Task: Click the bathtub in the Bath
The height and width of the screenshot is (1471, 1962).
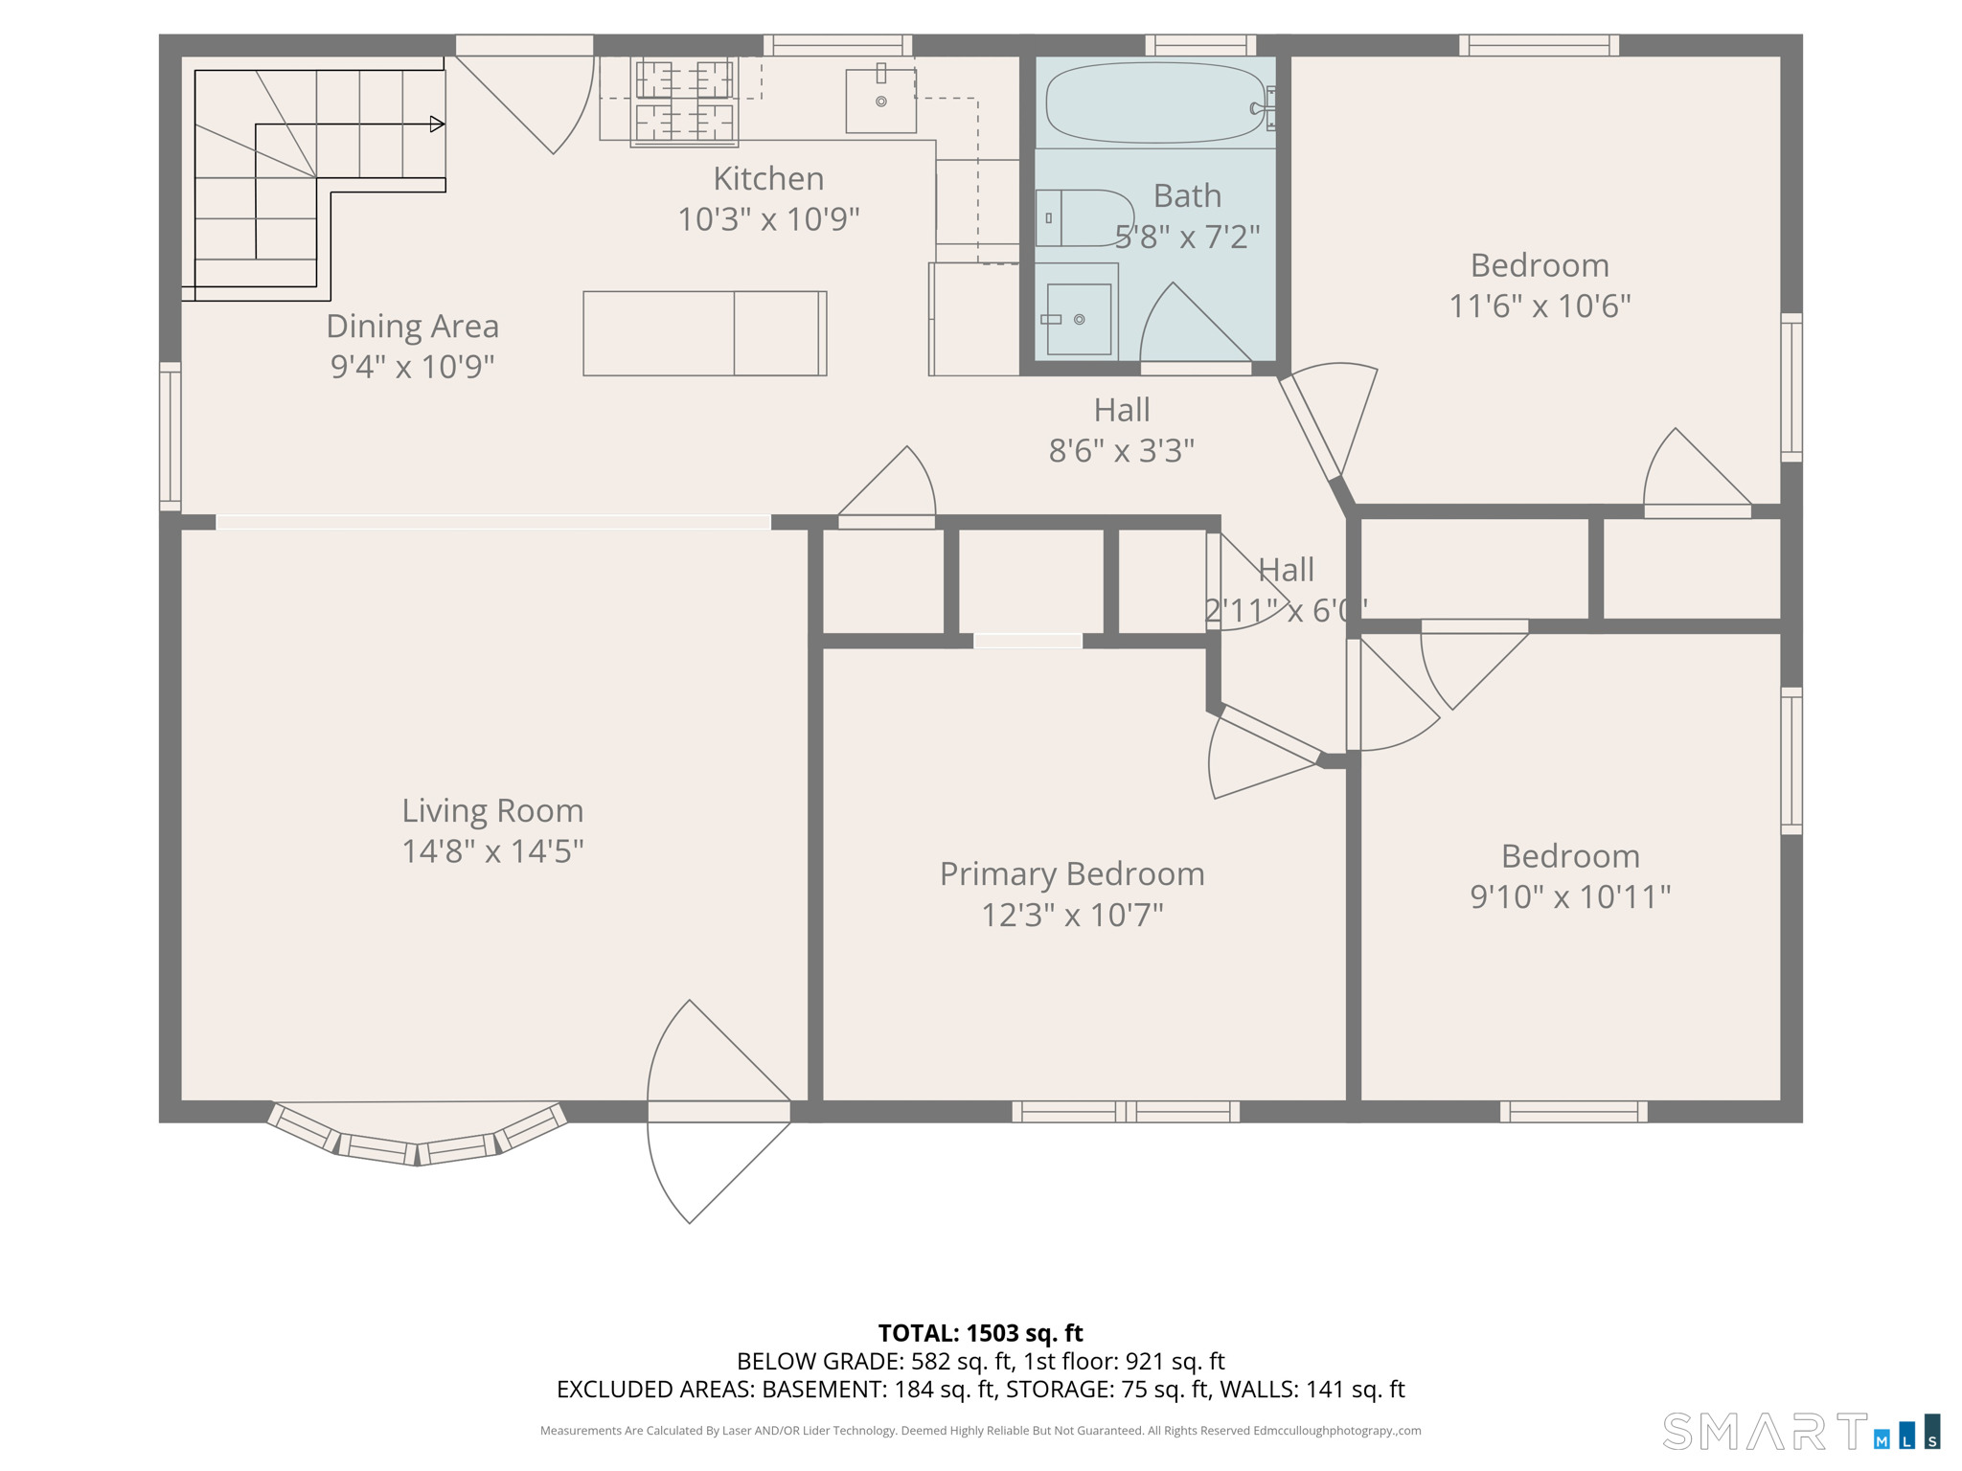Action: coord(1155,102)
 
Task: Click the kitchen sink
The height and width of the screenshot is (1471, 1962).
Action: coord(880,101)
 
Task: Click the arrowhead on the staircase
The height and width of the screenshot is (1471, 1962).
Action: coord(437,124)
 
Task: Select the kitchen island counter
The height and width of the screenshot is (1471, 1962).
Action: coord(704,333)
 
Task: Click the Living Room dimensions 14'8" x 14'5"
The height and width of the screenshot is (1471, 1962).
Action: coord(492,851)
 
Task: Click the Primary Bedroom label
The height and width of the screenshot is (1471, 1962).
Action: coord(1072,873)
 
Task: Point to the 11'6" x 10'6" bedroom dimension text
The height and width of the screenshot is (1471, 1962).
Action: coord(1540,306)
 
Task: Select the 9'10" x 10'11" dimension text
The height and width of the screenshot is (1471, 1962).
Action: coord(1570,897)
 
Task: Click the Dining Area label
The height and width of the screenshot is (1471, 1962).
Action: coord(412,327)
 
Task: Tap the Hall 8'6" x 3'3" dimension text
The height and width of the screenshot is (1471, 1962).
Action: coord(1122,450)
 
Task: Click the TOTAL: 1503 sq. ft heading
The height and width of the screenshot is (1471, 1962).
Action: coord(980,1333)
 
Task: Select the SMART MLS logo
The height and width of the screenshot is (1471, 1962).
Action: coord(1801,1431)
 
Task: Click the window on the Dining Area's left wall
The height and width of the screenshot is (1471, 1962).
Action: coord(170,436)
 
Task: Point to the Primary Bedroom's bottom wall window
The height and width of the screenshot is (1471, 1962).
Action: coord(1126,1112)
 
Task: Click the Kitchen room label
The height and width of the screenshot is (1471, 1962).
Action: coord(768,179)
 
